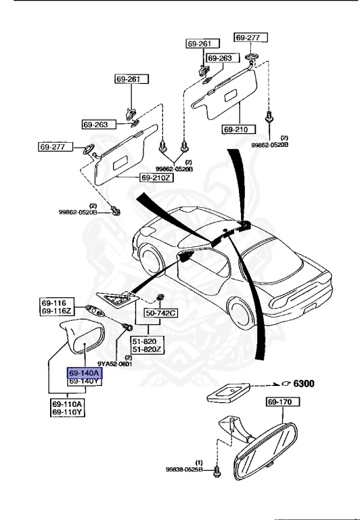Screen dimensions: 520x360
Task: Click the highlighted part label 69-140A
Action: click(x=83, y=372)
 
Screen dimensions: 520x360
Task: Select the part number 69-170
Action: click(x=279, y=402)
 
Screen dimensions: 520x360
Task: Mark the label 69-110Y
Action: click(x=67, y=412)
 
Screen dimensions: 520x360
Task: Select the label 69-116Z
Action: click(x=56, y=310)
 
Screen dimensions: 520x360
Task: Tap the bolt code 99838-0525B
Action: click(x=183, y=469)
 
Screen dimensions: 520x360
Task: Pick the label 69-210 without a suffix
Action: click(x=237, y=128)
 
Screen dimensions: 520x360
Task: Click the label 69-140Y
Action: click(x=83, y=381)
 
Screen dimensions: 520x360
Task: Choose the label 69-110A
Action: click(x=67, y=404)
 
